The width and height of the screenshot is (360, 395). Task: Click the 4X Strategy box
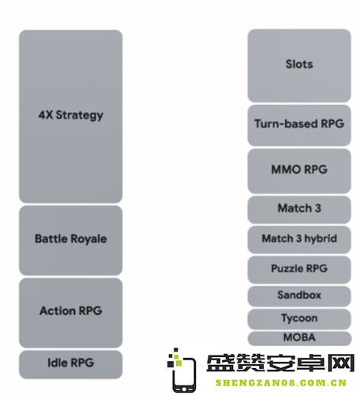click(71, 116)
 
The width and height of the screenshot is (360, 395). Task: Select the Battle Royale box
click(71, 240)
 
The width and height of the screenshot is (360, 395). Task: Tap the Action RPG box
click(71, 313)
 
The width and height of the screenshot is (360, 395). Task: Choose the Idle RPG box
click(71, 364)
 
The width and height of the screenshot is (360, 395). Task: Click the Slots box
click(299, 66)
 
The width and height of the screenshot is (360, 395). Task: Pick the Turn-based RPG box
click(299, 126)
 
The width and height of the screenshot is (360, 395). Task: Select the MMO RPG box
click(299, 171)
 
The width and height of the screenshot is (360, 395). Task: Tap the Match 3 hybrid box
click(299, 239)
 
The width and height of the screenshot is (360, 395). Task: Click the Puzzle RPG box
click(299, 269)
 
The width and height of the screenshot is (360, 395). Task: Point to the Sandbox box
click(299, 296)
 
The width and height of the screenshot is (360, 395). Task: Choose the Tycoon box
click(299, 319)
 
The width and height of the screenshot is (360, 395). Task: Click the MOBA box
click(299, 338)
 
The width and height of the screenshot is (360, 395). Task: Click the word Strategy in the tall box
click(80, 115)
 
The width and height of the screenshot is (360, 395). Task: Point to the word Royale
click(88, 239)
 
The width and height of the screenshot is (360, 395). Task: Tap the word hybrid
click(321, 239)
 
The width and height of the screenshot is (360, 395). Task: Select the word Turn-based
click(286, 124)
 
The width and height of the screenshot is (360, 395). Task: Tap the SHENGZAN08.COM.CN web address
click(281, 383)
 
